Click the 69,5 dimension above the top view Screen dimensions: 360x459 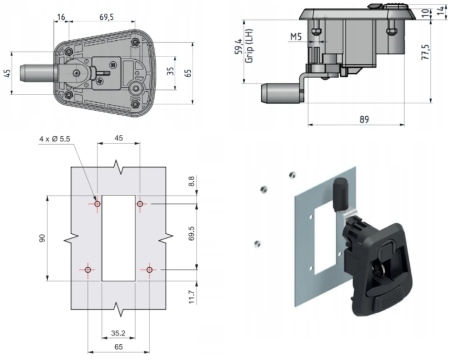coord(106,17)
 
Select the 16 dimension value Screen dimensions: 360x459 coord(61,17)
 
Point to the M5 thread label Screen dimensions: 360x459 coord(296,37)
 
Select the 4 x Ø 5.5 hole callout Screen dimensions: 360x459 coord(56,139)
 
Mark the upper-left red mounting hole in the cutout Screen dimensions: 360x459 coord(97,203)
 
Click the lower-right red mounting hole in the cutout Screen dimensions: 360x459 coord(149,270)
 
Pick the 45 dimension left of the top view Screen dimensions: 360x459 coord(7,72)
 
